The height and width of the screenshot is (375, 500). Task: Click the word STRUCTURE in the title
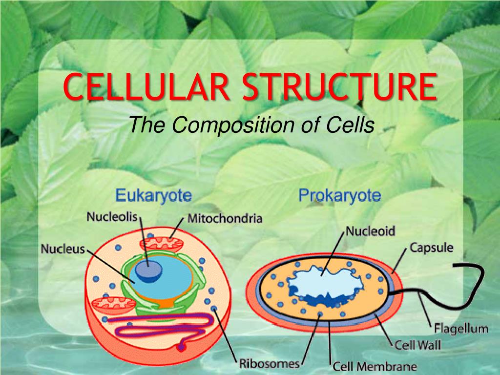(339, 86)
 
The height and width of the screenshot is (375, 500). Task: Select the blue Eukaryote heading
(153, 195)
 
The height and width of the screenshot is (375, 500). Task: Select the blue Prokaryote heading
(340, 195)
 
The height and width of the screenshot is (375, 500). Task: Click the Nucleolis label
(112, 217)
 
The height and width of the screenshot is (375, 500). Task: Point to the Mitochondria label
(225, 218)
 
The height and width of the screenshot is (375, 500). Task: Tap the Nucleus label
(63, 249)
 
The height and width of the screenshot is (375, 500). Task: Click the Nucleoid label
(370, 231)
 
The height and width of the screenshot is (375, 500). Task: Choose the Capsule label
(431, 248)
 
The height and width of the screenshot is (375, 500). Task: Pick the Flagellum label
(461, 329)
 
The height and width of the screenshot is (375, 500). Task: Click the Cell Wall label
(418, 345)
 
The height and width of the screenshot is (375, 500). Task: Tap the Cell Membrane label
(375, 367)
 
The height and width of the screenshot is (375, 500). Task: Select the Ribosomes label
(270, 364)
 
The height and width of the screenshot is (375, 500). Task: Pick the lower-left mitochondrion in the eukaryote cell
(114, 305)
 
